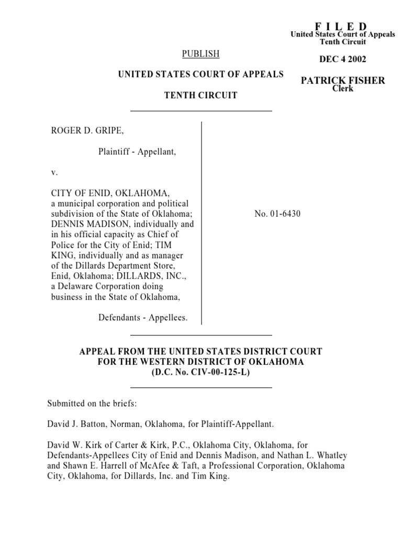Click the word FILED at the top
(341, 27)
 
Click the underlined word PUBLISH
(200, 54)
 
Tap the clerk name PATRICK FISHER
(343, 80)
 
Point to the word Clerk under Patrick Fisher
(343, 89)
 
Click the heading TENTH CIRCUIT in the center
(200, 96)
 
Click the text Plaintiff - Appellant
(137, 152)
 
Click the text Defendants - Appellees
(142, 317)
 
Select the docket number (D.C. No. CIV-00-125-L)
(200, 372)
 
